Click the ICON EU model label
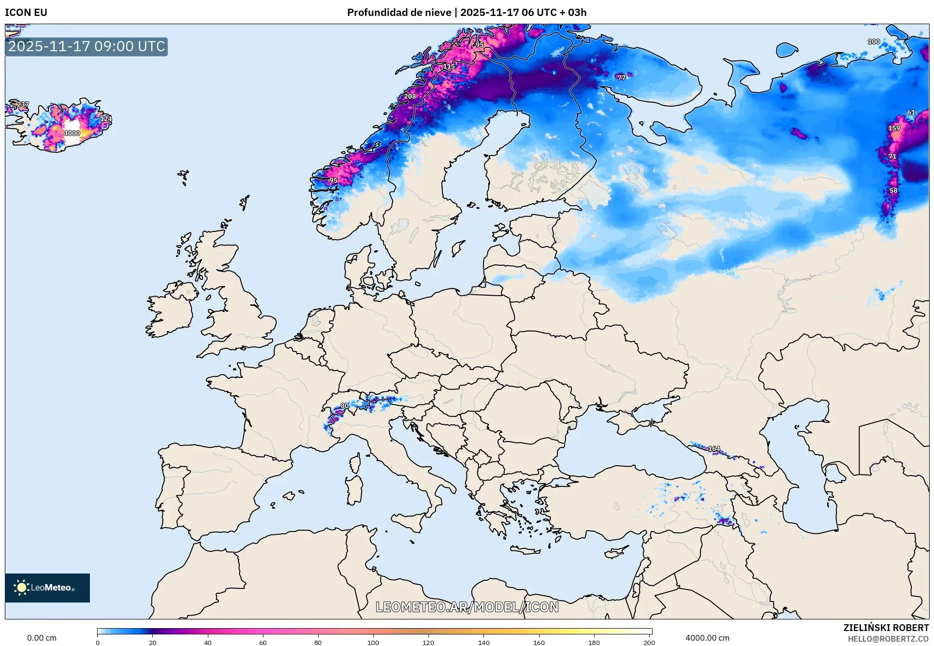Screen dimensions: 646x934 click(26, 13)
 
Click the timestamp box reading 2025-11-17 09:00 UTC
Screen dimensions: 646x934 click(87, 46)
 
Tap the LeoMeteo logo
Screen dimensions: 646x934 click(47, 588)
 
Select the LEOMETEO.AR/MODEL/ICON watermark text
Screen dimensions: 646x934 click(467, 607)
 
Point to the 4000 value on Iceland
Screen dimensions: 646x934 click(72, 133)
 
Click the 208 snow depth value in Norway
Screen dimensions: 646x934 click(410, 96)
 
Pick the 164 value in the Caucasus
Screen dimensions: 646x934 click(714, 449)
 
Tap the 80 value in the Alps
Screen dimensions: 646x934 click(345, 406)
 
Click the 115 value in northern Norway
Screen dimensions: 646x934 click(449, 66)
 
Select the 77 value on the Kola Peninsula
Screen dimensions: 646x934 click(621, 77)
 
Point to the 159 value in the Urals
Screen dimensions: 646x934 click(894, 128)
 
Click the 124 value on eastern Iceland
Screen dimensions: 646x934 click(106, 118)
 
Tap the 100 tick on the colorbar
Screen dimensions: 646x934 click(373, 642)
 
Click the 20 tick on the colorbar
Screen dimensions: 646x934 click(153, 642)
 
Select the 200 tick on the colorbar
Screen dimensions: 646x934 click(649, 642)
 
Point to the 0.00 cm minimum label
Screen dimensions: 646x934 click(42, 638)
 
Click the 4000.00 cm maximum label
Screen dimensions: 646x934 click(707, 638)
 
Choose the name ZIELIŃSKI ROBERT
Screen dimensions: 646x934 click(886, 628)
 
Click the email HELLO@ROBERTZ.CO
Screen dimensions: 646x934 click(888, 639)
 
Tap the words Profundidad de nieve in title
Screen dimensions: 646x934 click(399, 13)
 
